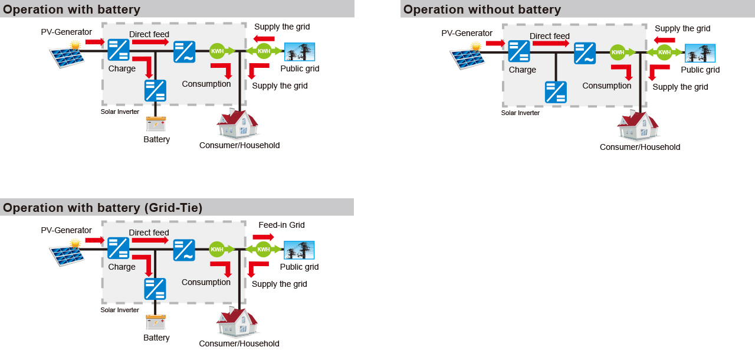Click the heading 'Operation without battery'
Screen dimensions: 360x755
point(482,9)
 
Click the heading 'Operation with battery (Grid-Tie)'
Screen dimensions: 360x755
point(103,208)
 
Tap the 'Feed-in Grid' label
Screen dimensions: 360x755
point(281,225)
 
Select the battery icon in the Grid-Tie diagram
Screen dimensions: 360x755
point(156,322)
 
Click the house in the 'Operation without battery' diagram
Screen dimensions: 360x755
point(638,125)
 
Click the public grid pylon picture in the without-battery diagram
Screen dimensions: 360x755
point(700,53)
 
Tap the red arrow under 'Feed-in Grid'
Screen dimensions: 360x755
point(263,237)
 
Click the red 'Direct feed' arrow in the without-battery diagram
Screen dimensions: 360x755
point(550,44)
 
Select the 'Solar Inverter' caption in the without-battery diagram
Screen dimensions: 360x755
point(520,113)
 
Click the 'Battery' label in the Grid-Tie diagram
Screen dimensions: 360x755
point(156,338)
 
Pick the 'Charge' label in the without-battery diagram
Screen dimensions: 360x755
point(522,70)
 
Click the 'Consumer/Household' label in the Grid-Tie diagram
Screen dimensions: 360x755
point(239,343)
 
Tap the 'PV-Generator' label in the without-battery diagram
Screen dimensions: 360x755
point(467,33)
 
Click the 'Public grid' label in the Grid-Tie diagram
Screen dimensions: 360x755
point(299,267)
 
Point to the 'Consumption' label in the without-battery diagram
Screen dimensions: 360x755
point(606,86)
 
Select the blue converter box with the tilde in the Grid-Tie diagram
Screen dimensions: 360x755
point(184,250)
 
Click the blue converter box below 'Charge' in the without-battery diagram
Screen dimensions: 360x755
point(556,92)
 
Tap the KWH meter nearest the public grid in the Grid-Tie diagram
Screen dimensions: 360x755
point(263,250)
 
